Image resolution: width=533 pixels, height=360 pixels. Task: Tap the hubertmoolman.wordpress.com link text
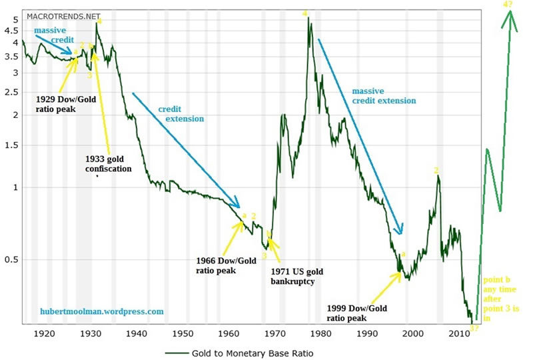coord(101,311)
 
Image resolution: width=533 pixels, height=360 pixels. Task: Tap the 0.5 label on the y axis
coord(13,259)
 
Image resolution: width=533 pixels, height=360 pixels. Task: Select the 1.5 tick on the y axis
coord(13,145)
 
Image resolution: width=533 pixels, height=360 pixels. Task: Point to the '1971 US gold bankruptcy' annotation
coord(302,277)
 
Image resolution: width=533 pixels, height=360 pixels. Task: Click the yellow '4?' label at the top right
coord(508,5)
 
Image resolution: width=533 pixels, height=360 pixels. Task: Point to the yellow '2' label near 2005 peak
coord(436,170)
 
